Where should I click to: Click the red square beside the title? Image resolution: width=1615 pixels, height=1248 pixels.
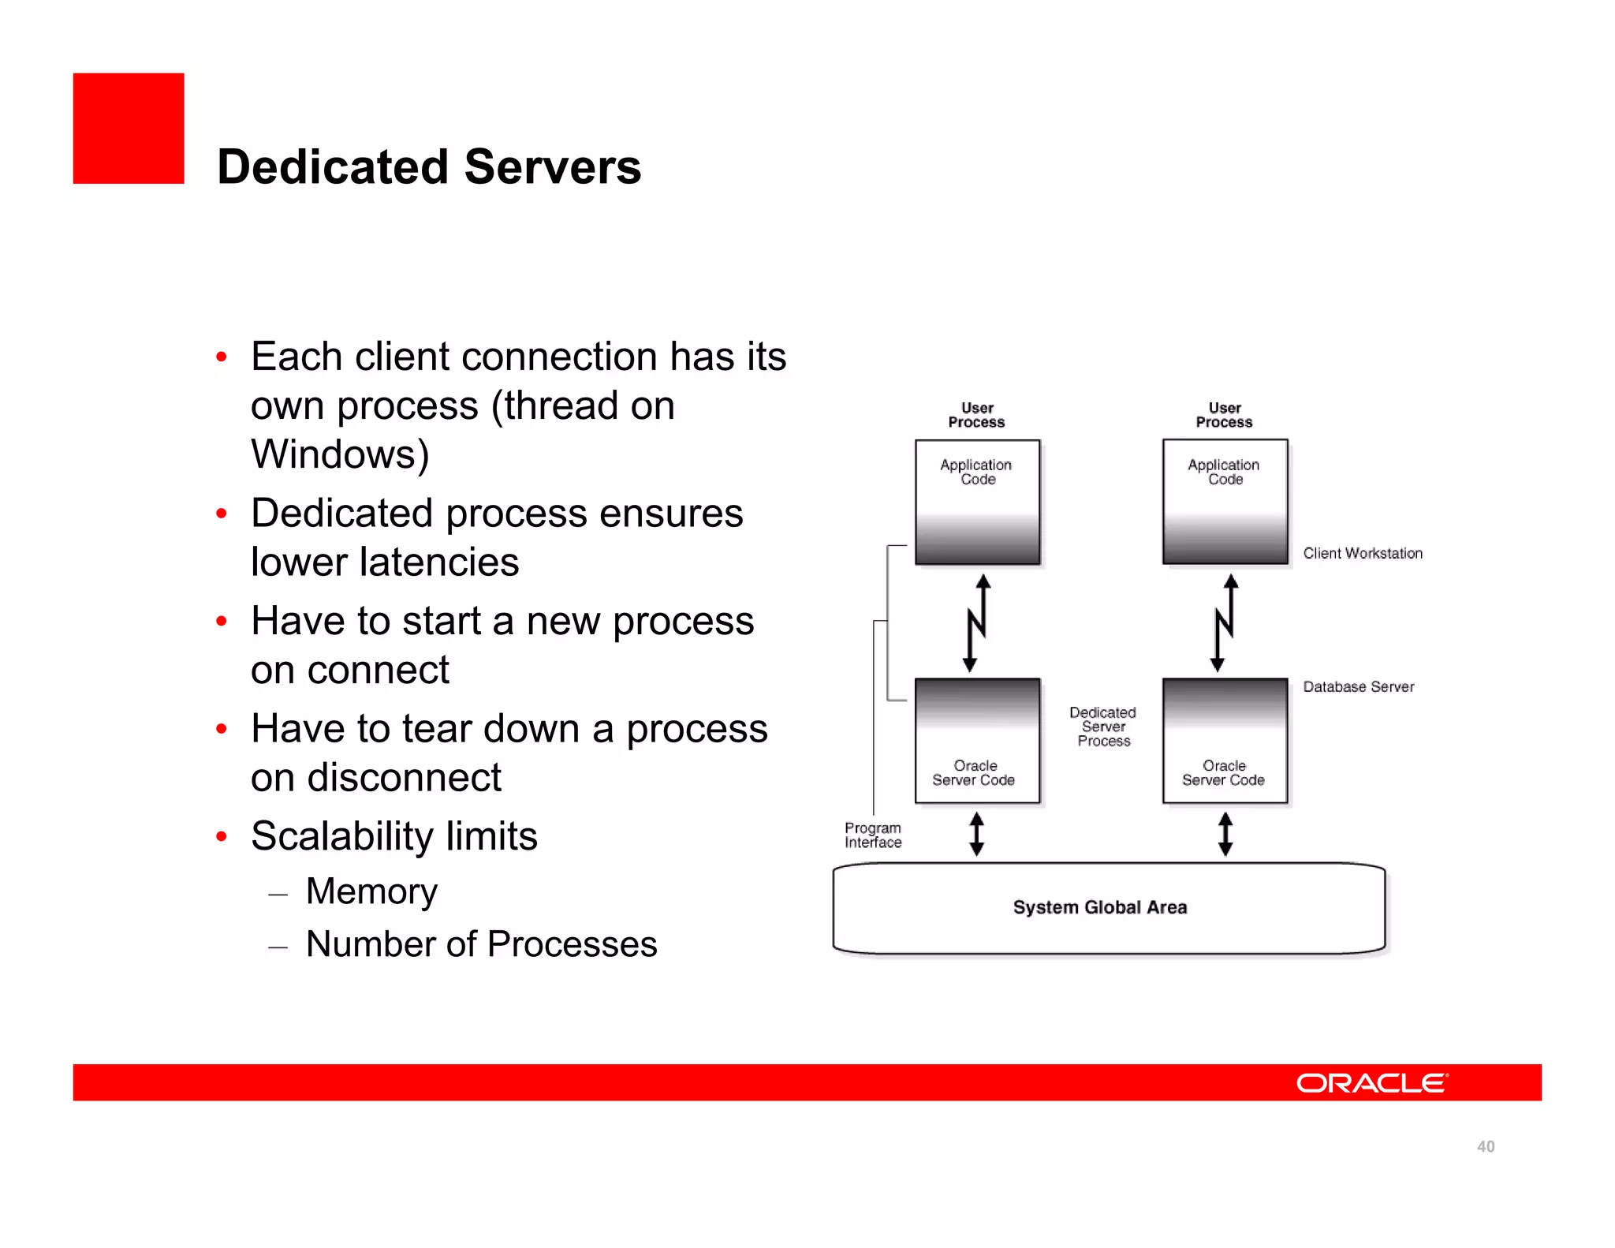pyautogui.click(x=129, y=129)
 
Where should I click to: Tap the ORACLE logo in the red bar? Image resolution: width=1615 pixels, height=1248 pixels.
pyautogui.click(x=1371, y=1083)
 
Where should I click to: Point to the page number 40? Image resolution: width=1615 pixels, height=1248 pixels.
pyautogui.click(x=1485, y=1146)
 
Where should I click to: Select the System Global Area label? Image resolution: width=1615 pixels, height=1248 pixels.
pyautogui.click(x=1099, y=907)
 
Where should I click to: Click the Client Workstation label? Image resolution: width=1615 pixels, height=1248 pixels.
pyautogui.click(x=1362, y=553)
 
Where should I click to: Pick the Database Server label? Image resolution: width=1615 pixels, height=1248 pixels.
pyautogui.click(x=1358, y=686)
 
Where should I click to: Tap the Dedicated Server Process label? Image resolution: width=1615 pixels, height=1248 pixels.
pyautogui.click(x=1102, y=727)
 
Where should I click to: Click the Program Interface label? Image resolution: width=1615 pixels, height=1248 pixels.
pyautogui.click(x=872, y=835)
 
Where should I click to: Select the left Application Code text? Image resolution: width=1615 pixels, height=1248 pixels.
pyautogui.click(x=976, y=472)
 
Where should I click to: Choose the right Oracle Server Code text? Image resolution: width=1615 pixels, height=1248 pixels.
pyautogui.click(x=1223, y=772)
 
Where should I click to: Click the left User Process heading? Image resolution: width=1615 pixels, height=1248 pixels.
pyautogui.click(x=976, y=415)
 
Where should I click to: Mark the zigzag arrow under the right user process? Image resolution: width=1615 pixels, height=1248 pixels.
pyautogui.click(x=1224, y=623)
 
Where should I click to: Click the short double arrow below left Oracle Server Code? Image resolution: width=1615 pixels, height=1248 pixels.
pyautogui.click(x=976, y=834)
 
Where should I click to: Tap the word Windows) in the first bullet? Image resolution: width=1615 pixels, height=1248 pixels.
pyautogui.click(x=340, y=454)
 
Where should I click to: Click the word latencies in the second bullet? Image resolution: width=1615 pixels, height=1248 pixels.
pyautogui.click(x=439, y=562)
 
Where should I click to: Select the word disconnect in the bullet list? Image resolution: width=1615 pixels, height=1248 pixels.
pyautogui.click(x=404, y=778)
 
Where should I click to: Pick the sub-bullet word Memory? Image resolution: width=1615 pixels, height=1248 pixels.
pyautogui.click(x=371, y=891)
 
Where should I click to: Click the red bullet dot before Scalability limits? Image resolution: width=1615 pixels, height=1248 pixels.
pyautogui.click(x=222, y=836)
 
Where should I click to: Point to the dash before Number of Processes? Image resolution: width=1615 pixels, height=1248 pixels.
pyautogui.click(x=278, y=947)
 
